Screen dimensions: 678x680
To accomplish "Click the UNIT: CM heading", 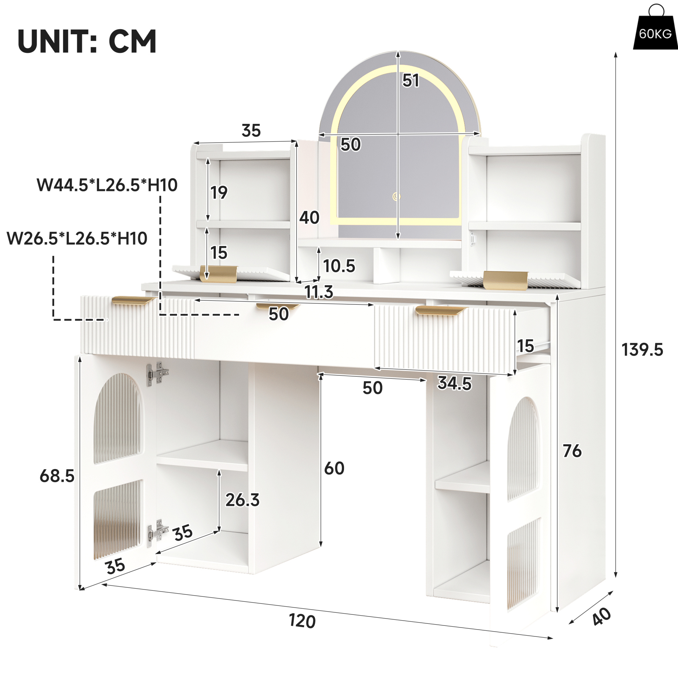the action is click(87, 42).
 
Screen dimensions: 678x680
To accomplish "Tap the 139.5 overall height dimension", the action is click(642, 350).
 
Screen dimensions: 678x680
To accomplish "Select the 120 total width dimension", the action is click(302, 621).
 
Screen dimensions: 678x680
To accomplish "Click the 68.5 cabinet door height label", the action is click(57, 476).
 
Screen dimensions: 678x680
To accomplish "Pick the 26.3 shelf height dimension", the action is click(242, 500).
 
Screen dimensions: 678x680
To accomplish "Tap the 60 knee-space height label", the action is click(334, 468).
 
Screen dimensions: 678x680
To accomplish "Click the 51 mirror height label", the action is click(411, 81).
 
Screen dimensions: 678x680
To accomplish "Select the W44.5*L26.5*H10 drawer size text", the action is click(107, 185).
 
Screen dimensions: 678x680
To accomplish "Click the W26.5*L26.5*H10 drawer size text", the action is click(77, 239).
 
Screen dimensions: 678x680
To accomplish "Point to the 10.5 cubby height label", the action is click(339, 266).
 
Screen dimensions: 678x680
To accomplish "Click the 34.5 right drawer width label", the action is click(454, 383).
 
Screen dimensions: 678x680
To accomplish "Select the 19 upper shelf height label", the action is click(219, 192).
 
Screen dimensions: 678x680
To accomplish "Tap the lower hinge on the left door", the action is click(157, 533).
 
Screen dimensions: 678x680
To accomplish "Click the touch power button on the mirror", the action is click(396, 197).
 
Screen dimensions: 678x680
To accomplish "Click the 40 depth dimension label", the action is click(601, 617).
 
